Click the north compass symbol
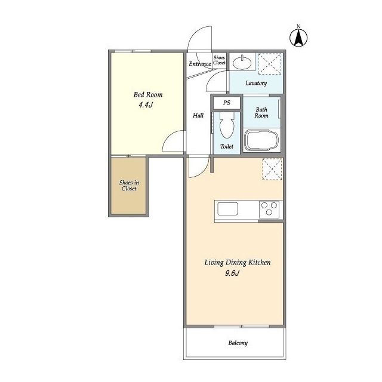click(298, 38)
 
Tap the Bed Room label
click(148, 94)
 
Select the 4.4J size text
click(146, 105)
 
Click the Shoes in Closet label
click(129, 186)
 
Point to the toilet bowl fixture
click(227, 125)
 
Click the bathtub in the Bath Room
click(261, 141)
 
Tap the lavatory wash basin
click(242, 63)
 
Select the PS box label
click(227, 103)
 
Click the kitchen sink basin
click(227, 209)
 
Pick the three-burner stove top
click(269, 209)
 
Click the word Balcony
click(238, 343)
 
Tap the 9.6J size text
click(232, 273)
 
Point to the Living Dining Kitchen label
click(238, 263)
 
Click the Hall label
click(198, 115)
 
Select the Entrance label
click(200, 64)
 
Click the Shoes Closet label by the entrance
click(219, 60)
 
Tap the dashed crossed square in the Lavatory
click(270, 64)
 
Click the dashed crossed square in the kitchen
click(272, 169)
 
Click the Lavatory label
click(256, 83)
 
